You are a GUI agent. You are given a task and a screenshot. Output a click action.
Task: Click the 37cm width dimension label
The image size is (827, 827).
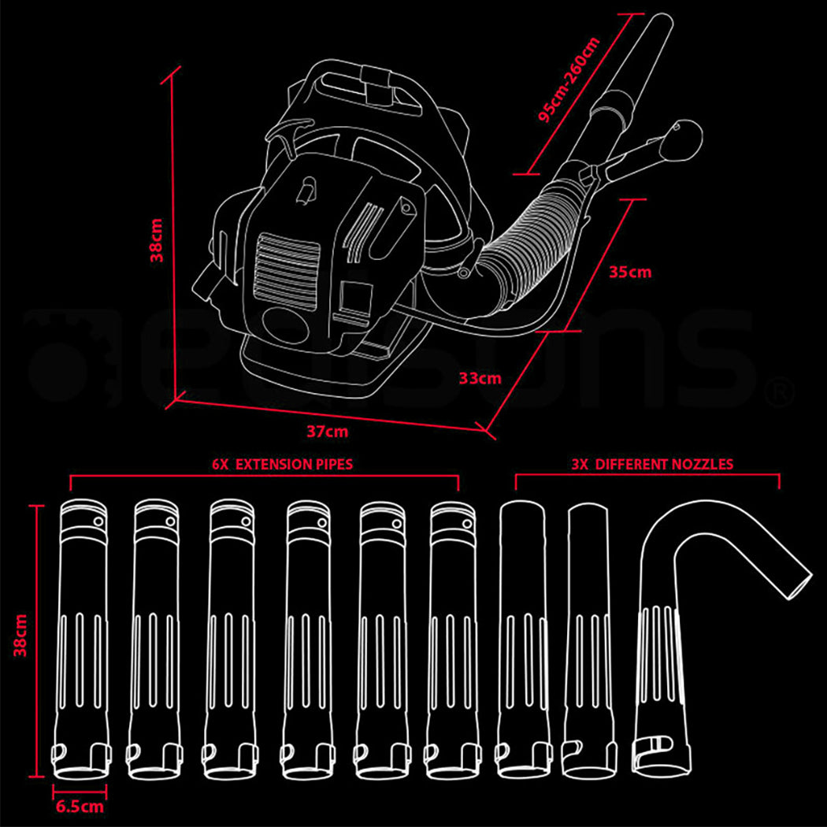pyautogui.click(x=327, y=432)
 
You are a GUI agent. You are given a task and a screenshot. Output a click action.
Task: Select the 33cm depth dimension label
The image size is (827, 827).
pyautogui.click(x=480, y=378)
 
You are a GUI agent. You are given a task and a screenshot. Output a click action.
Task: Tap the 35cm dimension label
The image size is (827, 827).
pyautogui.click(x=630, y=272)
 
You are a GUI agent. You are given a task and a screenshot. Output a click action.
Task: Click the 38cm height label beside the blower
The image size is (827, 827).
pyautogui.click(x=157, y=239)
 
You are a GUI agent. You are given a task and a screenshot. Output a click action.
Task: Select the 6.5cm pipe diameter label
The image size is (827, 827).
pyautogui.click(x=79, y=806)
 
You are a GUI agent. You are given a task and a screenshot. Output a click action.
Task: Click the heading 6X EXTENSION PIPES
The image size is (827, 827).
pyautogui.click(x=283, y=464)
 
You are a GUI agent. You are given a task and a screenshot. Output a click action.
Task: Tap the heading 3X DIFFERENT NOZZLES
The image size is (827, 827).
pyautogui.click(x=652, y=464)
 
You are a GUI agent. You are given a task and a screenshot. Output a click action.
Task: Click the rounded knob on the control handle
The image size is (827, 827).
pyautogui.click(x=683, y=139)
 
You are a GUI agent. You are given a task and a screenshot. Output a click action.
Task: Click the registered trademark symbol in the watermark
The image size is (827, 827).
pyautogui.click(x=780, y=390)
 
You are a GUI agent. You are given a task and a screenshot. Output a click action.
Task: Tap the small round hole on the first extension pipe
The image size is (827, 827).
pyautogui.click(x=98, y=521)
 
